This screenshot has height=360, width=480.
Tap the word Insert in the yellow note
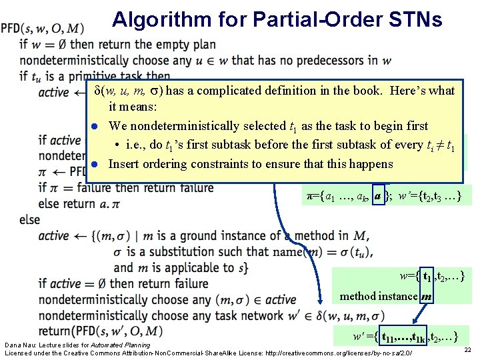tap(124, 164)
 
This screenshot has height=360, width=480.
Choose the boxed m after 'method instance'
tap(425, 296)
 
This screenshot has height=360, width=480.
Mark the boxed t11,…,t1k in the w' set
tap(404, 335)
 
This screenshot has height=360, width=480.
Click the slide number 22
tap(467, 350)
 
